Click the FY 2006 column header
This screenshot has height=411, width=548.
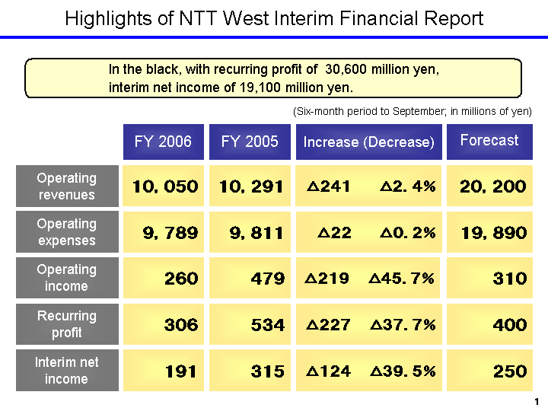point(163,142)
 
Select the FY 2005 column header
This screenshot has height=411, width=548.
point(250,142)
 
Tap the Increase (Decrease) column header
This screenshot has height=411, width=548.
point(368,142)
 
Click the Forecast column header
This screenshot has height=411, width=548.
point(489,140)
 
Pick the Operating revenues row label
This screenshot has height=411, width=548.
point(67,186)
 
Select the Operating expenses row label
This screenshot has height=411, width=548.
point(67,232)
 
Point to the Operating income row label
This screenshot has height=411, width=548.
point(67,278)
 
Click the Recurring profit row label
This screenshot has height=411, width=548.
point(67,324)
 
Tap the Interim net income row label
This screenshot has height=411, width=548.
point(67,371)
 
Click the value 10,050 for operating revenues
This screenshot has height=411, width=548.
point(165,186)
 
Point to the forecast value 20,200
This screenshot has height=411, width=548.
point(492,186)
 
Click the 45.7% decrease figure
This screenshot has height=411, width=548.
point(402,279)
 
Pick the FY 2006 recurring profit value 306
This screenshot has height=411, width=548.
point(181,325)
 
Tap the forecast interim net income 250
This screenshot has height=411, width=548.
point(509,371)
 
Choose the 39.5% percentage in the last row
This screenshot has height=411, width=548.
point(403,371)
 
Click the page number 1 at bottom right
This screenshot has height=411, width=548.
point(537,401)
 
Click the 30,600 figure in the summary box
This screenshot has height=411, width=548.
point(347,69)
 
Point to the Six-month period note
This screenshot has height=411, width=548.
point(412,111)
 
